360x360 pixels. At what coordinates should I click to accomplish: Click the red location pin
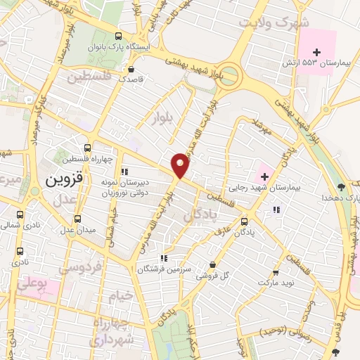coord(181,165)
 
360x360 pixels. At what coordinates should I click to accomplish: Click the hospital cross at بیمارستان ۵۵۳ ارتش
coord(317,53)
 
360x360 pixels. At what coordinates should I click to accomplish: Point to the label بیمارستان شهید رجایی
coord(264,188)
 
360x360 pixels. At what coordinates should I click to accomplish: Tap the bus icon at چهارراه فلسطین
coord(87,148)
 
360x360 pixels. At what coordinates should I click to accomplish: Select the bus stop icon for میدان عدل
coord(78,219)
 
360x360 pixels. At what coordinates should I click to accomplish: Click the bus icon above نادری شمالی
coord(20,214)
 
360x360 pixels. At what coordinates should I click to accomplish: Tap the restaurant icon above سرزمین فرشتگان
coord(164,258)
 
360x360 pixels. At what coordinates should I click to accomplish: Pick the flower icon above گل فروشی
coord(212,264)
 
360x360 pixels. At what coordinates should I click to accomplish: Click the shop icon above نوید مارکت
coord(276,272)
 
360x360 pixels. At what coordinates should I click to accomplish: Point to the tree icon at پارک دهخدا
coord(341,187)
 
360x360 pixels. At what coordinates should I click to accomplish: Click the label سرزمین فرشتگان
coord(164,269)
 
